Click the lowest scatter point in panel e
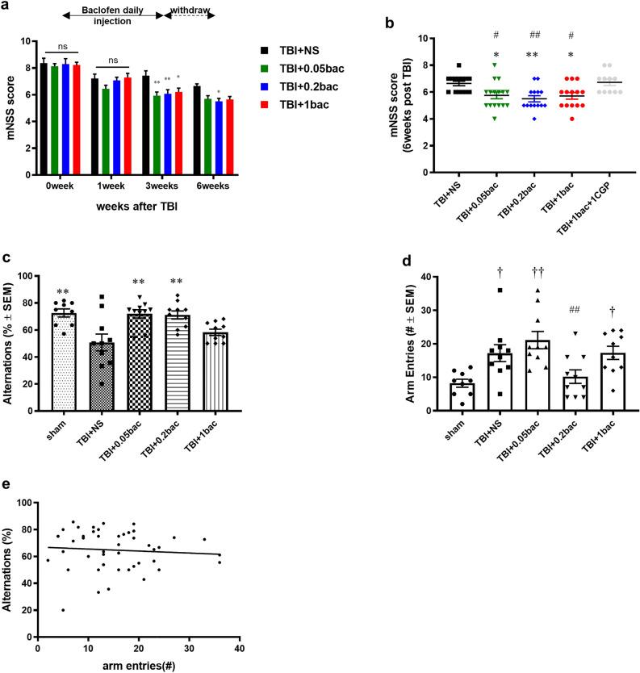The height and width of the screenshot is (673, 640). (63, 610)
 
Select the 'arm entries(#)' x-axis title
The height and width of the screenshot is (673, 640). (138, 665)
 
